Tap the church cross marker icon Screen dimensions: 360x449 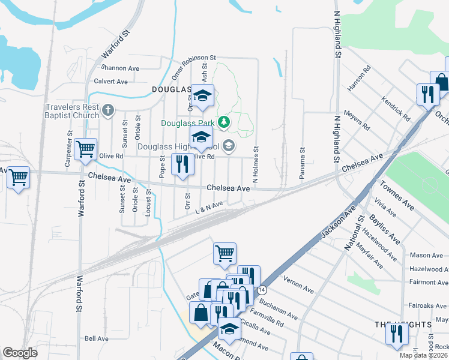(x=108, y=110)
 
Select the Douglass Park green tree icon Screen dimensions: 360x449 (x=224, y=122)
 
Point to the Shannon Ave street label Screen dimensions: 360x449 (x=121, y=68)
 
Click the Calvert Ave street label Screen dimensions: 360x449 (x=111, y=81)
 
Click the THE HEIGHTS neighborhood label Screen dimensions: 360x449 (x=403, y=324)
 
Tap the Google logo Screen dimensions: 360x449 (x=20, y=353)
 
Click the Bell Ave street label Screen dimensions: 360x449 (x=96, y=338)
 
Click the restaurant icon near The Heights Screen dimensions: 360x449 (x=397, y=333)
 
